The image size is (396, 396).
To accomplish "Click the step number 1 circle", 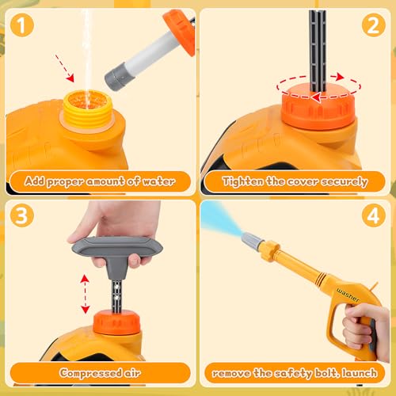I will click(x=25, y=24).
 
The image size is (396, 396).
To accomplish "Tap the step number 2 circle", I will click(x=371, y=25).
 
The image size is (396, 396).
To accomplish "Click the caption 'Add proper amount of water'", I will click(x=100, y=181).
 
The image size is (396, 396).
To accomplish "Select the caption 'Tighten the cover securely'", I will click(x=295, y=181).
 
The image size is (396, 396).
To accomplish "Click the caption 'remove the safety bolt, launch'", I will click(x=295, y=372).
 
